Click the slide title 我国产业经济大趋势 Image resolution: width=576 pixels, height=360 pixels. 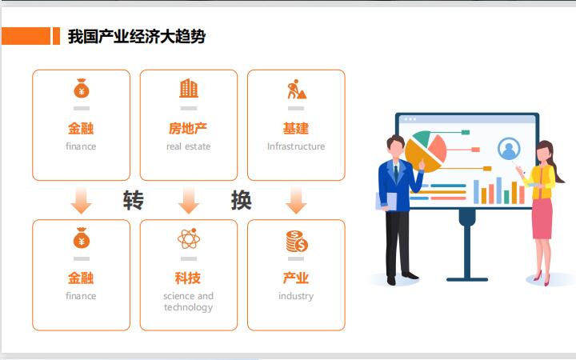coord(136,36)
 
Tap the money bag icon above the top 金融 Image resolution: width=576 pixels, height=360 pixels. coord(81,88)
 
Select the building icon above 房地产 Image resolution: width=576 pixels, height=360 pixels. coord(189,88)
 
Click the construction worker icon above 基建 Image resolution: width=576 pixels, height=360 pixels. coord(296,89)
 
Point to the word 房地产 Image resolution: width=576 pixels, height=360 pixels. coord(188,128)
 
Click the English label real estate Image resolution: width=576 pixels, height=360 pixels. coord(188,146)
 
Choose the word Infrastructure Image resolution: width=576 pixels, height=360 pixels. coord(296,146)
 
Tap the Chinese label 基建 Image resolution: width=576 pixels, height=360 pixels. coord(296,128)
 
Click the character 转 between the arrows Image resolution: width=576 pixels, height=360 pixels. coord(134,200)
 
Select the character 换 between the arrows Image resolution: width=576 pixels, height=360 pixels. coord(241,200)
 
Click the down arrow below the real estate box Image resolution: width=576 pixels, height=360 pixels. coord(189,200)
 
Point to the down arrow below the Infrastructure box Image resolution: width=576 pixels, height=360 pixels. coord(296,200)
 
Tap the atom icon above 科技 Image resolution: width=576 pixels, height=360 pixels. coord(189,238)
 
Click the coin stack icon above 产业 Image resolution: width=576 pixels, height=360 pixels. coord(296,241)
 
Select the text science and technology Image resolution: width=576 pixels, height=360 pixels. coord(188,302)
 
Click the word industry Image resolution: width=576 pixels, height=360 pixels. coord(296,296)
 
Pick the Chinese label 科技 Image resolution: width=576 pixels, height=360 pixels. coord(188,278)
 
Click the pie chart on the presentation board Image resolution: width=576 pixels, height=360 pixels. coord(426,150)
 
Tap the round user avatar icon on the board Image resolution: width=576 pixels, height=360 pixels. coord(509,148)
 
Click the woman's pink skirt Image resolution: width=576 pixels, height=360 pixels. coord(542,218)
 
